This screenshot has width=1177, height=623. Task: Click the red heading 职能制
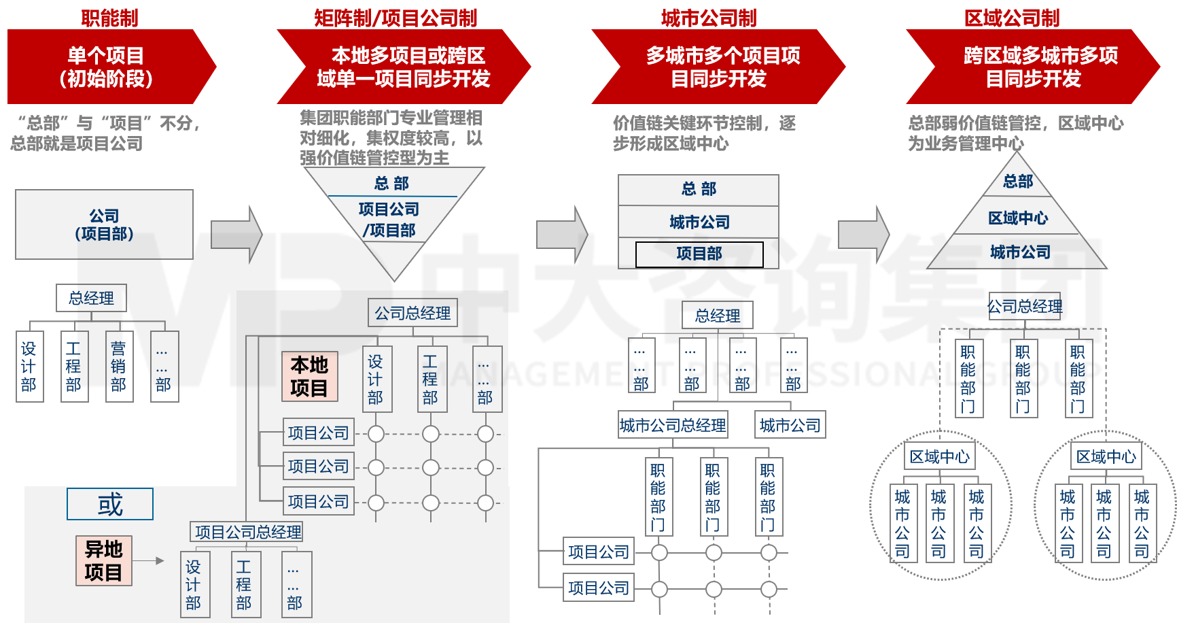pos(109,17)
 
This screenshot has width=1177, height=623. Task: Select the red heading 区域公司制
pos(1012,17)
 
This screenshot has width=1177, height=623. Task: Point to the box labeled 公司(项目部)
pos(104,224)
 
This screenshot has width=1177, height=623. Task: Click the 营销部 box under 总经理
pos(119,367)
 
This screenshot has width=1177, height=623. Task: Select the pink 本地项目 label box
pos(310,376)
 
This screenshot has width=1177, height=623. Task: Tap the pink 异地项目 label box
pos(104,560)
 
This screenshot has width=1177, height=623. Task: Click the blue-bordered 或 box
pos(110,504)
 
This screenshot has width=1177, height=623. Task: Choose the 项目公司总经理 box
pos(247,532)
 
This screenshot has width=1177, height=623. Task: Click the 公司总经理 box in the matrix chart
pos(412,313)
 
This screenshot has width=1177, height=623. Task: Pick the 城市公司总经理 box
pos(673,425)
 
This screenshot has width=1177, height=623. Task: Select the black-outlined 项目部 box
pos(699,254)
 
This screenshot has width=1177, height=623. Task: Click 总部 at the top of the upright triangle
pos(1018,182)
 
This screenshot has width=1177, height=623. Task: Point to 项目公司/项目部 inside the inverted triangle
pos(389,219)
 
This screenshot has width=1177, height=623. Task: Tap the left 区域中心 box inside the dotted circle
pos(940,456)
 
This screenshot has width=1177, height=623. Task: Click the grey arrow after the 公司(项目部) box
pos(236,234)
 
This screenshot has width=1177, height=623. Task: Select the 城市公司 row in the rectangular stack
pos(699,222)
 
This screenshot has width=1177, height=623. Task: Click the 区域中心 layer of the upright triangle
pos(1018,218)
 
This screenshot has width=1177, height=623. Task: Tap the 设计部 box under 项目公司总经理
pos(194,584)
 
